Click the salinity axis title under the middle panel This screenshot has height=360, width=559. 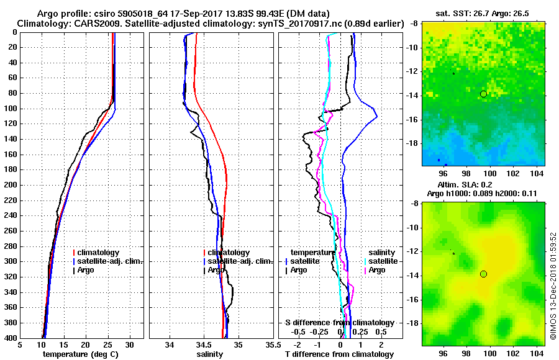point(209,354)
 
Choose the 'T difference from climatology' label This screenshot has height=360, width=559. point(339,354)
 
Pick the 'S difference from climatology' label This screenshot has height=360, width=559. point(339,323)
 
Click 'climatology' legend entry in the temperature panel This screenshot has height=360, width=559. point(98,253)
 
